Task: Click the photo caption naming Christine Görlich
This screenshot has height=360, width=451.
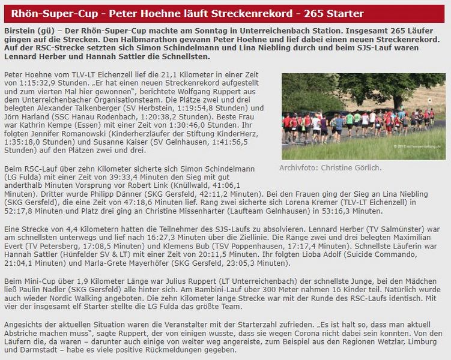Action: click(330, 167)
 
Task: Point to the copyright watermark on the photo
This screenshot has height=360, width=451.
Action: click(418, 146)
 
